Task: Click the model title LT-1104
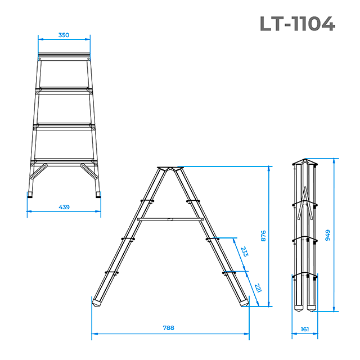[x=298, y=24]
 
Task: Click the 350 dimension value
[x=64, y=35]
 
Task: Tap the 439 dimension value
[x=64, y=207]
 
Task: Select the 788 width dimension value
[x=169, y=328]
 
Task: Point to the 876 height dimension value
[x=263, y=236]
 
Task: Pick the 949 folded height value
[x=327, y=235]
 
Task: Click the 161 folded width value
[x=305, y=329]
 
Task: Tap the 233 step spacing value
[x=244, y=251]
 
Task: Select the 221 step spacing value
[x=258, y=288]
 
